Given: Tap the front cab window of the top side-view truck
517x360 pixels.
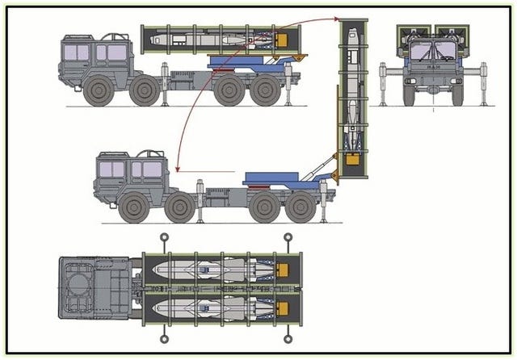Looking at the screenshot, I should (77, 52).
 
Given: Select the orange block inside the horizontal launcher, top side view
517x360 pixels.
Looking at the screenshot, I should (283, 38).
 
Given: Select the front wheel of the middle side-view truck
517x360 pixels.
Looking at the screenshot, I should (133, 206).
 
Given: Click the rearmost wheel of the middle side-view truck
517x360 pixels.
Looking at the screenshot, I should (300, 206).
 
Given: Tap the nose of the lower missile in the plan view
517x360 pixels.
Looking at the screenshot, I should (156, 307).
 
